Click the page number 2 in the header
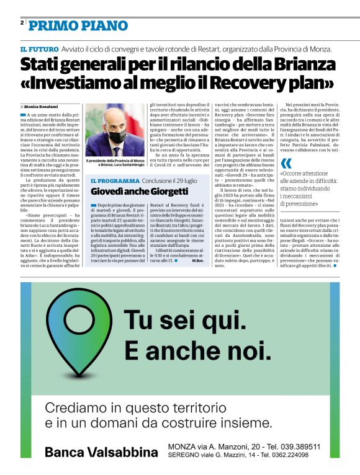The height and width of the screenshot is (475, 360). click(22, 22)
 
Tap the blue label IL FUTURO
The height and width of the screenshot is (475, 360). click(39, 49)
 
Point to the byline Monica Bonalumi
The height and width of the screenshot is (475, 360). click(41, 106)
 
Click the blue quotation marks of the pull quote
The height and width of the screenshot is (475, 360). click(286, 163)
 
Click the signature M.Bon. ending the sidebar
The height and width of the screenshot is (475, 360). click(199, 261)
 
